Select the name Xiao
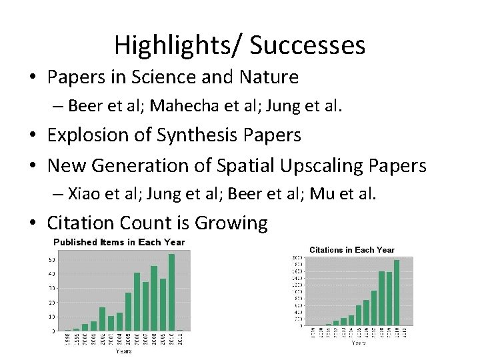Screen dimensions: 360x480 tap(83, 193)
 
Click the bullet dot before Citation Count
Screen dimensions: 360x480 tap(34, 223)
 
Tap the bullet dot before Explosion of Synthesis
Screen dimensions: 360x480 tap(34, 135)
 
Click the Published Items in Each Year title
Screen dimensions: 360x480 tap(119, 242)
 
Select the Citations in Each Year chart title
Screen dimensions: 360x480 tap(352, 250)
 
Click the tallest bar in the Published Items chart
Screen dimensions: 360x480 tap(172, 292)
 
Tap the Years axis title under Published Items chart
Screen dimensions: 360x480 tap(124, 351)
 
